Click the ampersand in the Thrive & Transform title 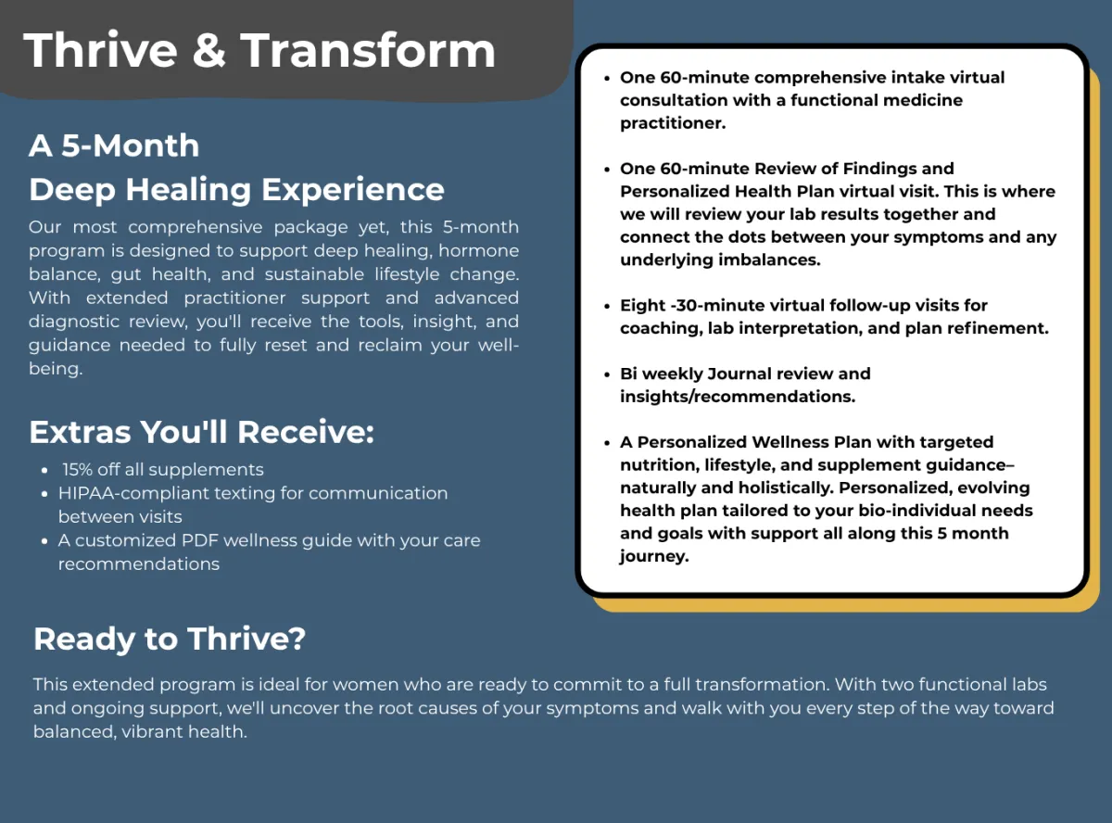[209, 50]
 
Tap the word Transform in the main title [368, 50]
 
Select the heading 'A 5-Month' [114, 146]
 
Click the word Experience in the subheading [353, 191]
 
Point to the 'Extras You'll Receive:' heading [201, 432]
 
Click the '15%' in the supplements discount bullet [77, 470]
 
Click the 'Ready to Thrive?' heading [170, 639]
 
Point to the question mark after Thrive [297, 639]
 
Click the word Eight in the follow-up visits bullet [642, 306]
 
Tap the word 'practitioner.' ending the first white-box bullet [673, 123]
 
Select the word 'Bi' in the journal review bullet [628, 374]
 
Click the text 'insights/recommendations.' [738, 397]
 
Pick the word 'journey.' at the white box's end [654, 557]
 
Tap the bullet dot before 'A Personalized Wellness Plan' [607, 443]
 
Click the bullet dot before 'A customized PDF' [44, 541]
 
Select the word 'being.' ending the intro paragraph [56, 369]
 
